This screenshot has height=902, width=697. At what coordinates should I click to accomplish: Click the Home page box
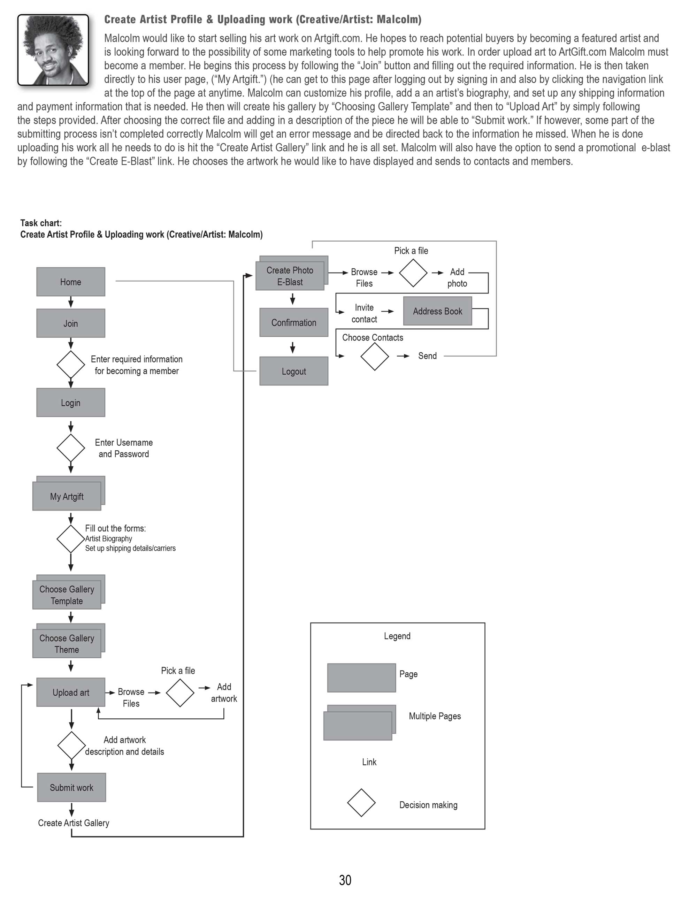coord(71,282)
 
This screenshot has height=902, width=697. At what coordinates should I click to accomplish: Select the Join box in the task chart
coord(71,323)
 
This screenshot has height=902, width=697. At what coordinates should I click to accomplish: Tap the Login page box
coord(71,402)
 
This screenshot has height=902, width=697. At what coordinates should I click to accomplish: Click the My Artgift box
coord(67,496)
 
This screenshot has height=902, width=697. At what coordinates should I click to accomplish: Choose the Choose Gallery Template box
coord(67,595)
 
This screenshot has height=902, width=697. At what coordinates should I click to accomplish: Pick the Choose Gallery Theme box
coord(67,643)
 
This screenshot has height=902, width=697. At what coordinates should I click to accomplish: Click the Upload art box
coord(71,692)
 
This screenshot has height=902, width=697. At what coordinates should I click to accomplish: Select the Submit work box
coord(71,787)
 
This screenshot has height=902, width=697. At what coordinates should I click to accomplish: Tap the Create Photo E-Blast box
coord(290,276)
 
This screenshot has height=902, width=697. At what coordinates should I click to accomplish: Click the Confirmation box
coord(293,322)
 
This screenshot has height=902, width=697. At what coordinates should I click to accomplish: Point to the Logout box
coord(293,371)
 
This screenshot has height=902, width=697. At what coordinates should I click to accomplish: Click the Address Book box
coord(437,311)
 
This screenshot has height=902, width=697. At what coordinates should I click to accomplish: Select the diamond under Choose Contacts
coord(375,356)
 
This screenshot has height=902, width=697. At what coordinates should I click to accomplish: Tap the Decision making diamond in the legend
coord(361,802)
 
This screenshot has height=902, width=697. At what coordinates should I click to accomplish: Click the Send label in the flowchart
coord(427,356)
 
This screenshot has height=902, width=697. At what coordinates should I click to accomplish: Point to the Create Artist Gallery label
coord(74,823)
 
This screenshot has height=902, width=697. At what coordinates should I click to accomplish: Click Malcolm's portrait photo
coord(53,50)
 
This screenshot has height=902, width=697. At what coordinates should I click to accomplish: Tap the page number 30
coord(345,880)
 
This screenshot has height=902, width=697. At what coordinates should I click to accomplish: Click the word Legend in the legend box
coord(397,636)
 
